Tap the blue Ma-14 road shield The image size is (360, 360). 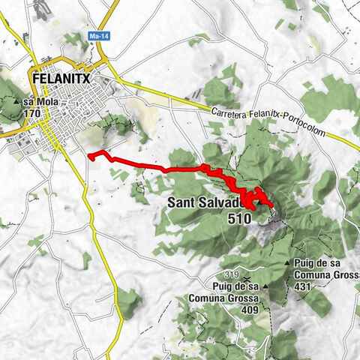[97, 34]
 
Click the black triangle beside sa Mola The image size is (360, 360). [17, 101]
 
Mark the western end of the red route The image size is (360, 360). [89, 156]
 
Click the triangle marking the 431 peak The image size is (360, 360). [289, 263]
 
